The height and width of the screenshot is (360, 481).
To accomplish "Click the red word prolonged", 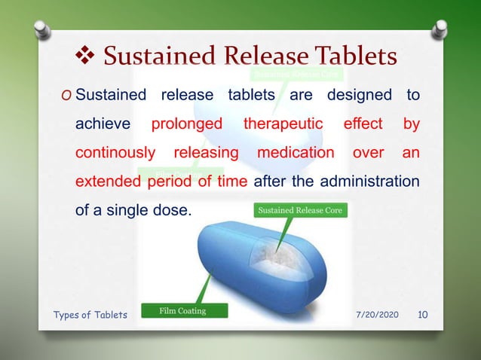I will [187, 124].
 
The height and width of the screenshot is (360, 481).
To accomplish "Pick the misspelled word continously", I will [115, 152].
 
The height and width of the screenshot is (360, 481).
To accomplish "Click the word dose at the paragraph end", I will [173, 210].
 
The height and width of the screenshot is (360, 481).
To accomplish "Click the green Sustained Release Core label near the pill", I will [300, 211].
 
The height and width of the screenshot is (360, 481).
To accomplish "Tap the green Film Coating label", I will [182, 310].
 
